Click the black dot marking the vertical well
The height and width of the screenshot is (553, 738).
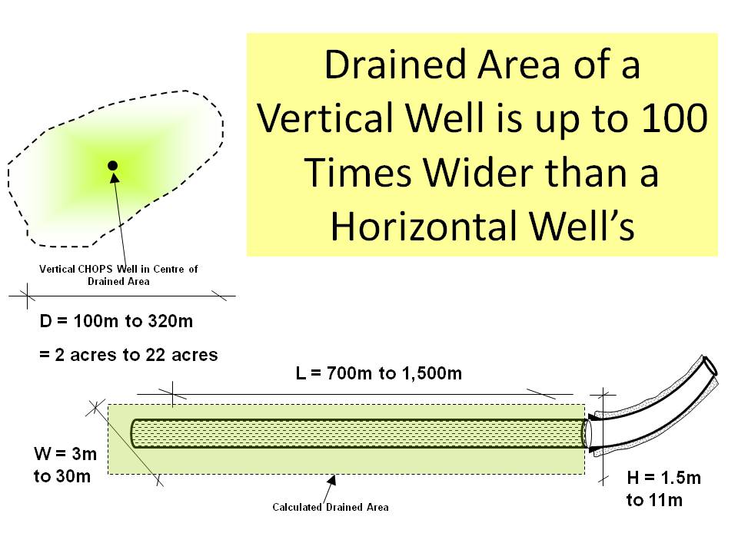[x=113, y=165]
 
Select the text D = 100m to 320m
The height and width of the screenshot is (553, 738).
[x=117, y=321]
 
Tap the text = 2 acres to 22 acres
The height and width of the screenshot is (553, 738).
[x=129, y=355]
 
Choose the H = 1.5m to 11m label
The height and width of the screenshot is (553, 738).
[x=663, y=489]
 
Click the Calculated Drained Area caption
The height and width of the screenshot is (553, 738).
[x=331, y=507]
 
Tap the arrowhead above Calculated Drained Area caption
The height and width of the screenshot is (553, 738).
[x=332, y=481]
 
